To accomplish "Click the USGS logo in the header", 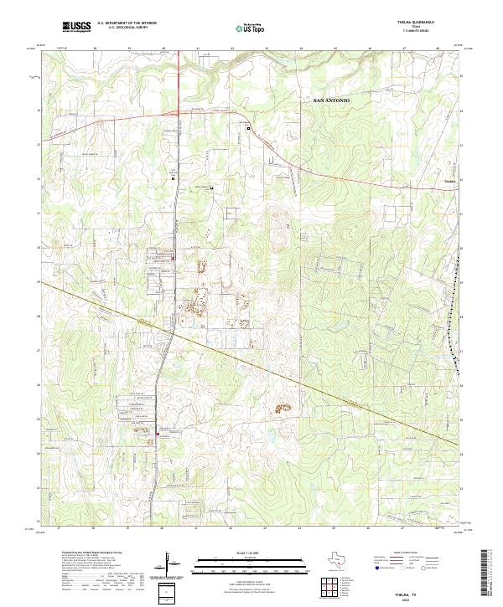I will (76, 27).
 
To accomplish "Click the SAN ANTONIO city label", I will (331, 100).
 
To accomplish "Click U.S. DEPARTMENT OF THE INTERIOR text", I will (126, 23).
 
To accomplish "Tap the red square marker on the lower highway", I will (158, 434).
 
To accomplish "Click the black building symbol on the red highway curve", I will (248, 128).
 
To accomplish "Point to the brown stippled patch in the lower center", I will (279, 409).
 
